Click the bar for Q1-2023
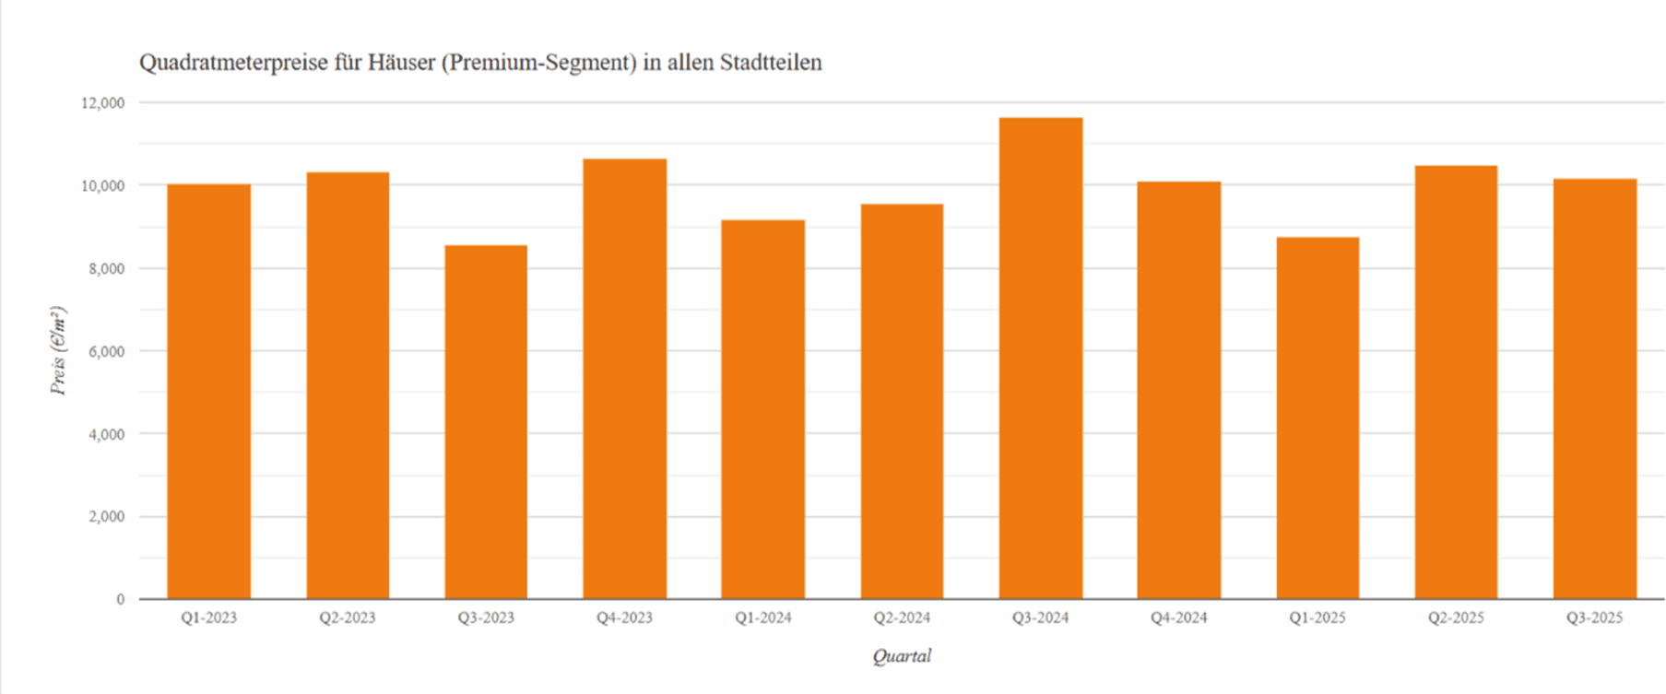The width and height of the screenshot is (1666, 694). (208, 392)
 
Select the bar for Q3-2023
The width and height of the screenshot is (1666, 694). (486, 422)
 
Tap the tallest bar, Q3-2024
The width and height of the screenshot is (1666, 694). (1041, 359)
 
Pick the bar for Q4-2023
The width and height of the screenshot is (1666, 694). (624, 379)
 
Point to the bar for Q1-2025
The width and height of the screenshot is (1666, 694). (1317, 418)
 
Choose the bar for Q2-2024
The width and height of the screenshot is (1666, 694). (902, 402)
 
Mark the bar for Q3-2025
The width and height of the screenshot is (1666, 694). (1594, 389)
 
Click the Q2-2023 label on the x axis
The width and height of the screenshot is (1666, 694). (348, 618)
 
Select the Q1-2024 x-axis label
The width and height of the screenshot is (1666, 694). (763, 618)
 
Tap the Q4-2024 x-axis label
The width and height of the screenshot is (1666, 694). (1178, 618)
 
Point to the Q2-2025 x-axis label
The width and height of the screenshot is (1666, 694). (1456, 618)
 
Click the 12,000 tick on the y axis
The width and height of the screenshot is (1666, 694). (102, 103)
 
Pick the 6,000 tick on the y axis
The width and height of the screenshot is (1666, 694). (106, 351)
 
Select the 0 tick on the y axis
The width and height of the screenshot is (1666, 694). (120, 599)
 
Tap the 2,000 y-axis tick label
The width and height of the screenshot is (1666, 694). (106, 517)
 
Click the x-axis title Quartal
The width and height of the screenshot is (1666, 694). (902, 656)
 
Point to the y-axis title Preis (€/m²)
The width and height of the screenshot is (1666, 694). (59, 350)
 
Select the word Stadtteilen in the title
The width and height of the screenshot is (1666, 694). (771, 63)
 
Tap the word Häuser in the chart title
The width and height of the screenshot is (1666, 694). (401, 63)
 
